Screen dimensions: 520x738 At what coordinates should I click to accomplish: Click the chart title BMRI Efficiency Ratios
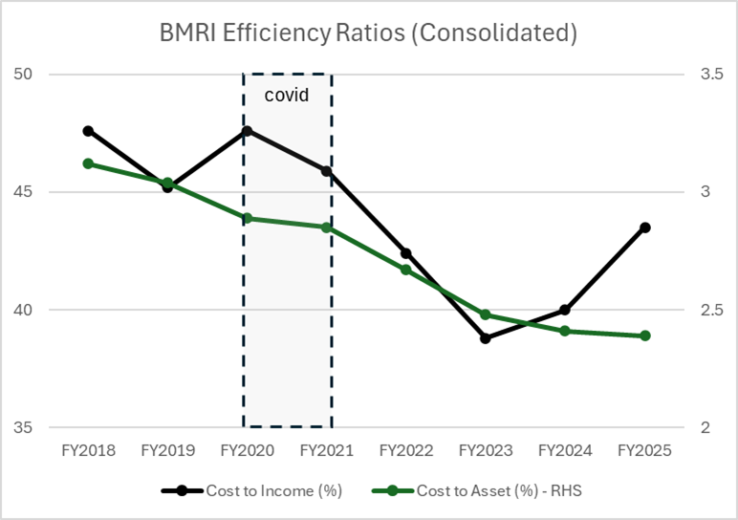[368, 33]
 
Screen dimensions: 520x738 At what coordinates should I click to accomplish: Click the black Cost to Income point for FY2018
[88, 131]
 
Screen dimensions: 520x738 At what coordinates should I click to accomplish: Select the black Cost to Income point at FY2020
[247, 131]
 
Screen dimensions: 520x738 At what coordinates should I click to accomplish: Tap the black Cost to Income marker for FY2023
[486, 338]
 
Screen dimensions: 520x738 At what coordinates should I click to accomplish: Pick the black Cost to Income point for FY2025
[645, 227]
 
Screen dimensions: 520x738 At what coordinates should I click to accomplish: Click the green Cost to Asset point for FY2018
[88, 163]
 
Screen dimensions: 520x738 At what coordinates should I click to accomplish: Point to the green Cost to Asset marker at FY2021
[326, 227]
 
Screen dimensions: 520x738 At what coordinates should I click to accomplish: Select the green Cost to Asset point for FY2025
[645, 336]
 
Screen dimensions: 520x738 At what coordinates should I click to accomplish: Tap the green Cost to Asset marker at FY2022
[405, 270]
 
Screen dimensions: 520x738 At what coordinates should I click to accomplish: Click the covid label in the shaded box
[287, 96]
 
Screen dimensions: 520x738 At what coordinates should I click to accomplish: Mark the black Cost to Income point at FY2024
[565, 310]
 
